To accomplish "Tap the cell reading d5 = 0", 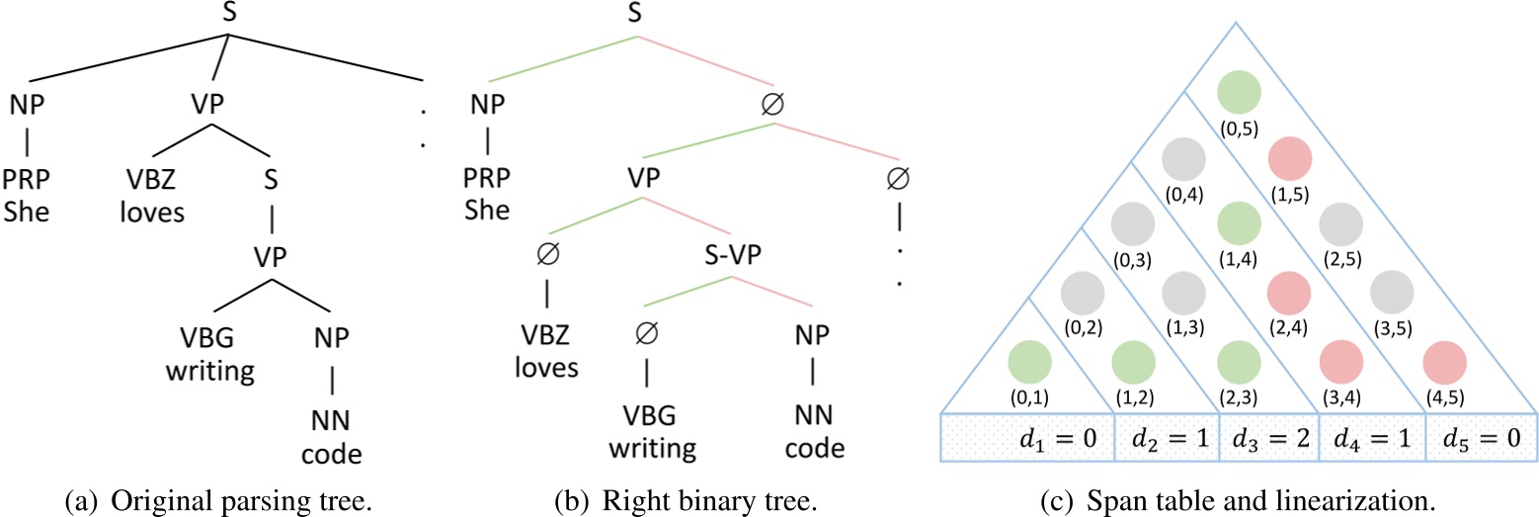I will [1479, 437].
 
